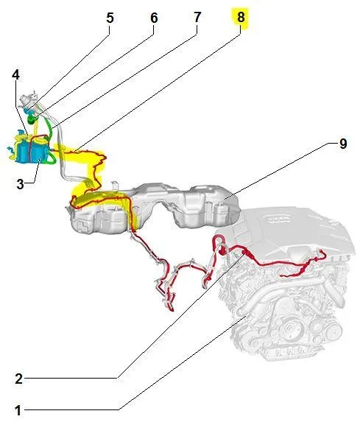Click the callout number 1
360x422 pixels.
coord(18,411)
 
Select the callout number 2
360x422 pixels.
coord(18,379)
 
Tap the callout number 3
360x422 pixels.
coord(20,184)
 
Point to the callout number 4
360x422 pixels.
coord(16,75)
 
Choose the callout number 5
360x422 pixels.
coord(110,18)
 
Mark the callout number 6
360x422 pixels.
coord(154,18)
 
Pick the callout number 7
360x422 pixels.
coord(197,18)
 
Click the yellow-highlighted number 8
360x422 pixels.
coord(241,17)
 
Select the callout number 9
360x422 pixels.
coord(343,144)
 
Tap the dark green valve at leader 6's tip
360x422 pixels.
coord(32,119)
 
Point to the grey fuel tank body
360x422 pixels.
coord(153,207)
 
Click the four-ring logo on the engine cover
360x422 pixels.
coord(278,220)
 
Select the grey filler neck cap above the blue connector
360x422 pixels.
coord(29,100)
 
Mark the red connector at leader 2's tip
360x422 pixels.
coord(245,253)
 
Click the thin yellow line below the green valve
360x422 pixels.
coord(35,130)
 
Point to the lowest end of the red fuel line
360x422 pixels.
coord(172,310)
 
